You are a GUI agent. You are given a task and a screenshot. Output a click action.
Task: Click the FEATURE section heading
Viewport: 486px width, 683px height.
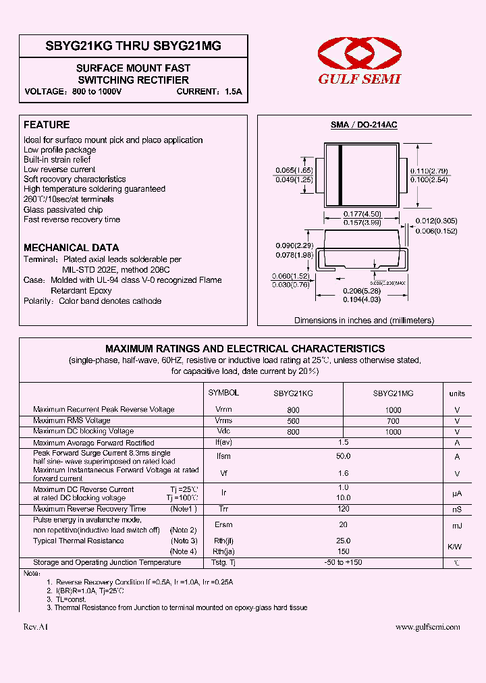[x=47, y=125]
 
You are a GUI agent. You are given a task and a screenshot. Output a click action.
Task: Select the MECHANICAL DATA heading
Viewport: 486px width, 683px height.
[x=71, y=248]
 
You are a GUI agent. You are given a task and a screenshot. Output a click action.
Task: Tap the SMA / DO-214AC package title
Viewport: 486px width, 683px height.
[x=363, y=126]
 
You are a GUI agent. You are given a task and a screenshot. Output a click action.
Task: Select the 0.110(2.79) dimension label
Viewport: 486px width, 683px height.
[x=429, y=171]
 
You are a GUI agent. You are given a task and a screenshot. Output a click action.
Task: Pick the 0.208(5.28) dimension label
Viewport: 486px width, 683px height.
[x=362, y=292]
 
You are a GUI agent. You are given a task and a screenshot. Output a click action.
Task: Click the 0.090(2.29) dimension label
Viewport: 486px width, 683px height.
[x=294, y=245]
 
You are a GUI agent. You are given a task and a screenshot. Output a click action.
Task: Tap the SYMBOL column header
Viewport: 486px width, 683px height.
[x=223, y=392]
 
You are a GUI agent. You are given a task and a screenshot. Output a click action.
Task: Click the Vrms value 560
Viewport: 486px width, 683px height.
[x=293, y=420]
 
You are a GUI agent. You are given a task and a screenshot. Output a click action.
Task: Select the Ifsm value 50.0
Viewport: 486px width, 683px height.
[x=343, y=457]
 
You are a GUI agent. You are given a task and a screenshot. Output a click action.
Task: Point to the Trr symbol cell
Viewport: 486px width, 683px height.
[x=223, y=509]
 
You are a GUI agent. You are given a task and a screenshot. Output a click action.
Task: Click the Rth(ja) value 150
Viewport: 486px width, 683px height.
[x=343, y=551]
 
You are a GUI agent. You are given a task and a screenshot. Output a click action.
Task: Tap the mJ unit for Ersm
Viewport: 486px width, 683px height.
[x=457, y=525]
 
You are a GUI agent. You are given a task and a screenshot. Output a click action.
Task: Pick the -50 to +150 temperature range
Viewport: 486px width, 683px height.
[x=343, y=562]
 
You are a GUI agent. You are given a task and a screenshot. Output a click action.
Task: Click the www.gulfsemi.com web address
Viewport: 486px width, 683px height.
[x=427, y=627]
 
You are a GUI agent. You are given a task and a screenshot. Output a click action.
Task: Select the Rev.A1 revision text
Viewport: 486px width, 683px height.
[x=36, y=627]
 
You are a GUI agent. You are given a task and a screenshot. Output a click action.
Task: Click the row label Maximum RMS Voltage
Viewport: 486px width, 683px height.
[x=73, y=420]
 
